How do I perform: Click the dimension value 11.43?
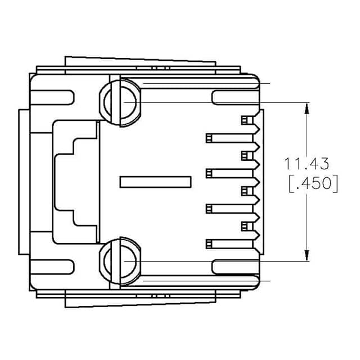click(307, 164)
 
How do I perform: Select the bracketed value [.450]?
click(313, 184)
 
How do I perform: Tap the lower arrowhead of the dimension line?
click(307, 256)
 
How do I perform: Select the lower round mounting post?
click(120, 262)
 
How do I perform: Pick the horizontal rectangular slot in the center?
click(155, 182)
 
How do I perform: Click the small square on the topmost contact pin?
click(245, 120)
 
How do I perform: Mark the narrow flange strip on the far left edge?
click(22, 182)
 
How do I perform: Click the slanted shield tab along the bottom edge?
click(141, 302)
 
